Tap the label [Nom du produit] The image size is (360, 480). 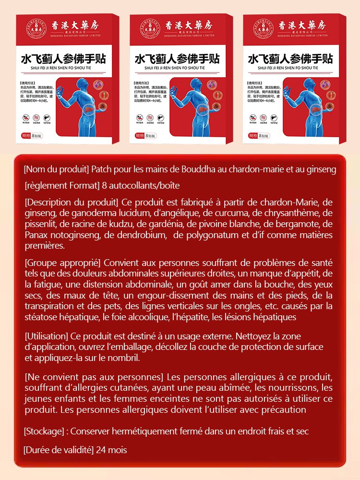[56, 169]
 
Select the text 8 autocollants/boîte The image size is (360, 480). [141, 185]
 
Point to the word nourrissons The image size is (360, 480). [292, 388]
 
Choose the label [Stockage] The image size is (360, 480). [45, 432]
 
